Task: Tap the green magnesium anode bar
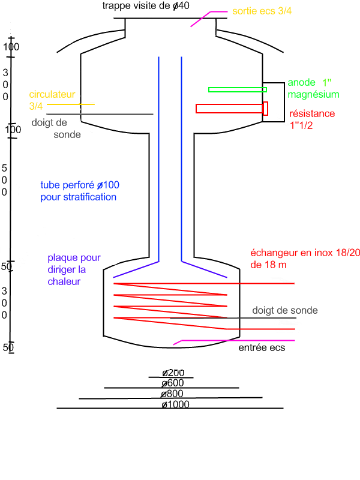coord(237,89)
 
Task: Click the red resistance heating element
coord(231,109)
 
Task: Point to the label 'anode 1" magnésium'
coord(313,88)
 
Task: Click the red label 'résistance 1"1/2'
coord(312,119)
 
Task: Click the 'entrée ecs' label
coord(262,348)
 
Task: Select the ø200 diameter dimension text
coord(172,373)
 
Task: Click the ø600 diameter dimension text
coord(172,383)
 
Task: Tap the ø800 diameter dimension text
coord(172,394)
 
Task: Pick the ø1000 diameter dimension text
coord(175,405)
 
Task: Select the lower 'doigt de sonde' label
coord(284,310)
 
